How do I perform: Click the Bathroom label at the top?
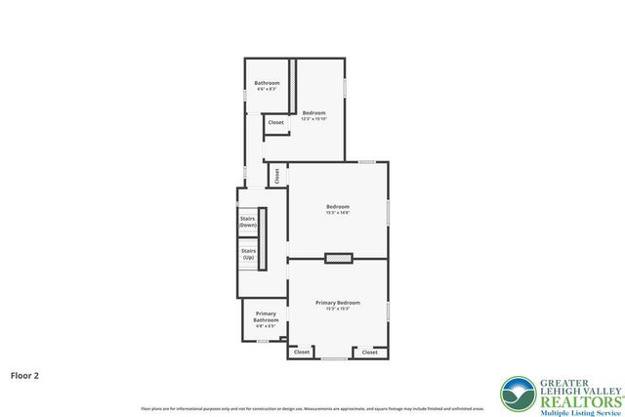[x=268, y=83]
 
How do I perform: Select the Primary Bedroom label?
[x=338, y=303]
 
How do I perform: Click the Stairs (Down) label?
[x=248, y=222]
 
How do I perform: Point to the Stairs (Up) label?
[x=248, y=254]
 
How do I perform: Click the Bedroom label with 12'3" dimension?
[x=313, y=113]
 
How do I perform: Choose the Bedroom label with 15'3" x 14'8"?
[x=338, y=206]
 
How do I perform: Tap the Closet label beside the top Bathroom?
[x=276, y=123]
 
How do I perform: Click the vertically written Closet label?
[x=276, y=177]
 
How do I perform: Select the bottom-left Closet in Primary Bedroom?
[x=302, y=352]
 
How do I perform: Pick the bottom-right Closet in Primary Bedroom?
[x=369, y=352]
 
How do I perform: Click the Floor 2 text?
[x=25, y=374]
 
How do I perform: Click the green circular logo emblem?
[x=517, y=394]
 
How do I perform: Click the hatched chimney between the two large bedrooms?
[x=339, y=259]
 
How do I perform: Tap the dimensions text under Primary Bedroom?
[x=338, y=310]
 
